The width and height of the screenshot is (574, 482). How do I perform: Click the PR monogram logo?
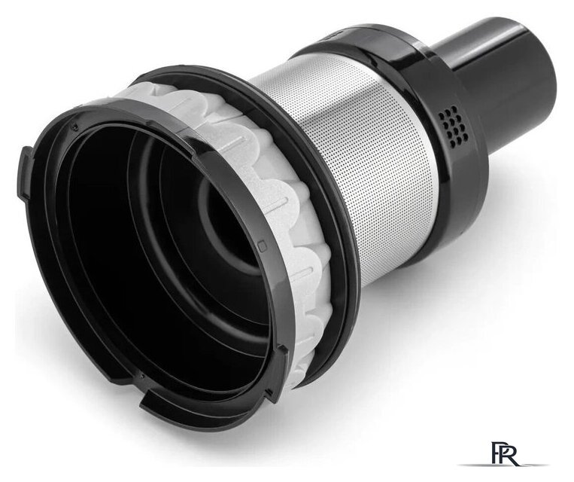click(505, 454)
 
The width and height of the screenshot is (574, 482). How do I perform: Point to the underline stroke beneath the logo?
click(503, 465)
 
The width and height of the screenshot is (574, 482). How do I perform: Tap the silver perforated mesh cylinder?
click(351, 154)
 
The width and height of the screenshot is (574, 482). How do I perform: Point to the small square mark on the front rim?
click(261, 246)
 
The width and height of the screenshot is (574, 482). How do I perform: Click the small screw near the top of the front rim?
click(76, 127)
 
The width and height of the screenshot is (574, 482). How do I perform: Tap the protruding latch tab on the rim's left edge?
click(24, 172)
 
